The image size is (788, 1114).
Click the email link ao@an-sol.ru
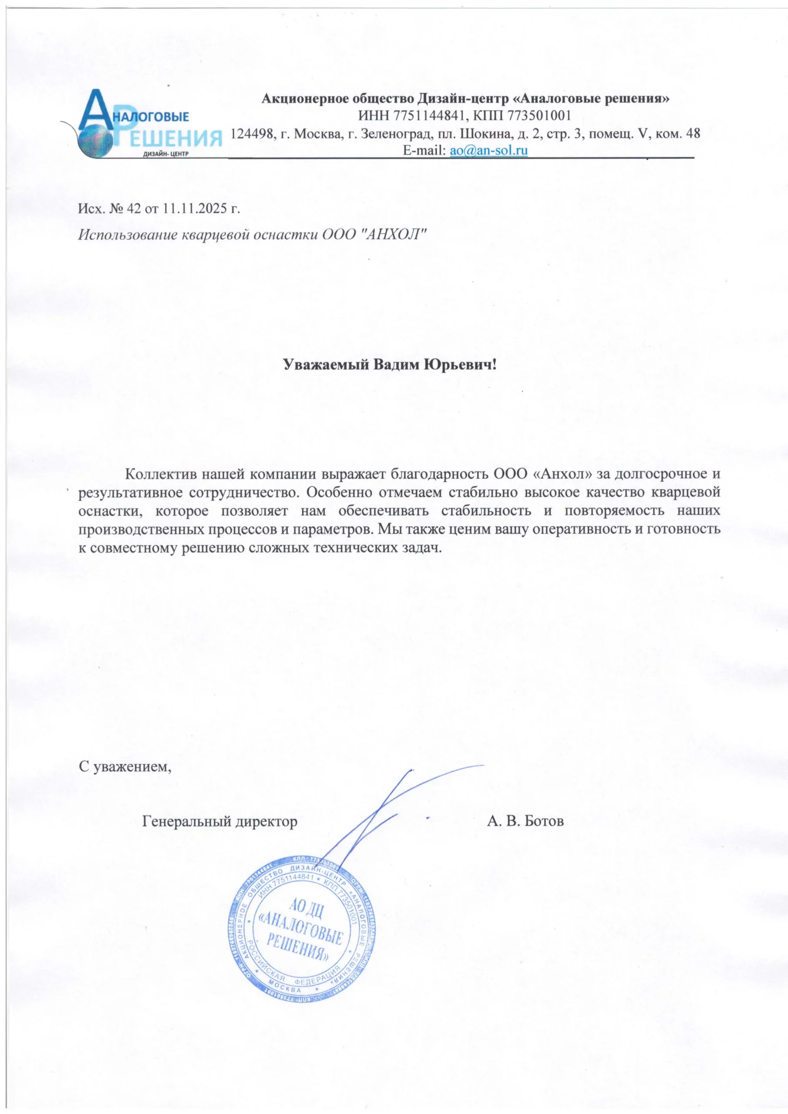[488, 151]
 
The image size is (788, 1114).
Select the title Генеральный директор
[220, 822]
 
